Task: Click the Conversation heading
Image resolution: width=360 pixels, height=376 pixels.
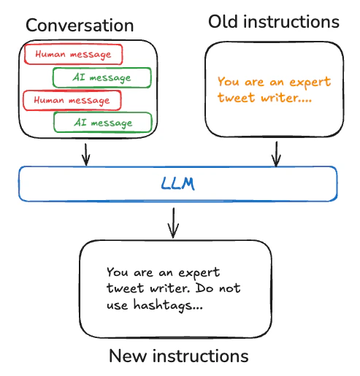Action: tap(80, 26)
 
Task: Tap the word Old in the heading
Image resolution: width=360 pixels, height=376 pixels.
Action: tap(223, 22)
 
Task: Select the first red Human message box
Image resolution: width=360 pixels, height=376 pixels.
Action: tap(72, 54)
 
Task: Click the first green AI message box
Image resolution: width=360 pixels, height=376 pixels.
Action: tap(102, 77)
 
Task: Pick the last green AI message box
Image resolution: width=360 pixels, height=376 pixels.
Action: tap(103, 122)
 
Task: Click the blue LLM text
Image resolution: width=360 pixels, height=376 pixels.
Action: tap(178, 184)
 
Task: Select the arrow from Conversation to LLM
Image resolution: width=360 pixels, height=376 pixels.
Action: tap(86, 152)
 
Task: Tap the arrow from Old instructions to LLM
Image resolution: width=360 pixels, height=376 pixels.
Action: tap(276, 152)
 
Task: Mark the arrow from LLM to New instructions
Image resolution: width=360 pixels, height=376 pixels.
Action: tap(173, 222)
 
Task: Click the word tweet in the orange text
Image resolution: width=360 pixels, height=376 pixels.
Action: tap(235, 98)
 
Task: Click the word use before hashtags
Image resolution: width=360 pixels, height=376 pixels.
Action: tap(119, 307)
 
